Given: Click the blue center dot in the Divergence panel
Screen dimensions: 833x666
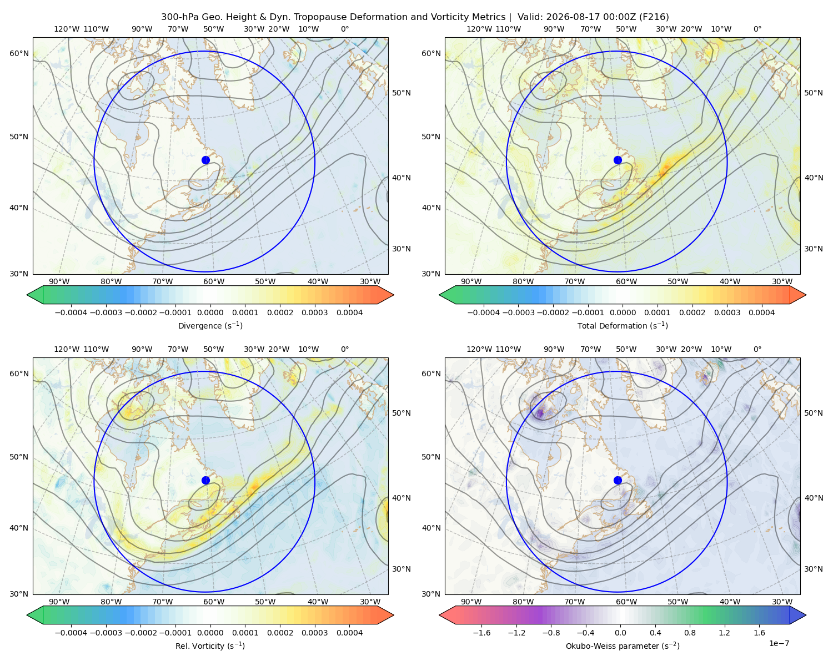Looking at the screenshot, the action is pos(205,160).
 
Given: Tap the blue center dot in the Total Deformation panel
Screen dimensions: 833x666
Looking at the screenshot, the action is pos(618,160).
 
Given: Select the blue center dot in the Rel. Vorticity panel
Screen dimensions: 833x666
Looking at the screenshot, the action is pos(205,480).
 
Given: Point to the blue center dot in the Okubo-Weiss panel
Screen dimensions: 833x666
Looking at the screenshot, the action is pos(618,480).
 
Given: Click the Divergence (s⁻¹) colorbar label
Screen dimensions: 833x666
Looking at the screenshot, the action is pos(210,325).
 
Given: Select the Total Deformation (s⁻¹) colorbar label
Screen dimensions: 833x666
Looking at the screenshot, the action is pos(623,325).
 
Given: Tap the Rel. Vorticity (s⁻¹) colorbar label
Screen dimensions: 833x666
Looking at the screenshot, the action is pos(210,646).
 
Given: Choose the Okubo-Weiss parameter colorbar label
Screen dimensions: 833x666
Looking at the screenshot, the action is pos(623,646).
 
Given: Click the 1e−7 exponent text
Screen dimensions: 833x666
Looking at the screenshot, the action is pos(779,644).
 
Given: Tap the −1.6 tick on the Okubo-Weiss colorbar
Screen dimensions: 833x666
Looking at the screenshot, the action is pos(481,633).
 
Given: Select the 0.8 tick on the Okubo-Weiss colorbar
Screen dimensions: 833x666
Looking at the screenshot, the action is pos(690,633).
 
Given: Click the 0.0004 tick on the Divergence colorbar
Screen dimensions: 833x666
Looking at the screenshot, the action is pos(349,312).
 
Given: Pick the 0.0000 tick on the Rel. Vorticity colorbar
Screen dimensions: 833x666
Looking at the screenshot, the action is pos(210,633).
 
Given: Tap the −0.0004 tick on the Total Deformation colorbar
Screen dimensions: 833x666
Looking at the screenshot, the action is pos(484,312).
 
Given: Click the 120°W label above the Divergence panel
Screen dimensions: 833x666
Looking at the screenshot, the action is pos(67,29).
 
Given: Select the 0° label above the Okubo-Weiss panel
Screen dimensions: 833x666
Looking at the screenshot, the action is pos(757,349).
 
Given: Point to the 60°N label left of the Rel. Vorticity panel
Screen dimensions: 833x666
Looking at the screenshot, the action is pos(19,374).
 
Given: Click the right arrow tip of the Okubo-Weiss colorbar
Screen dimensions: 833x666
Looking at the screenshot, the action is pos(806,615).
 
